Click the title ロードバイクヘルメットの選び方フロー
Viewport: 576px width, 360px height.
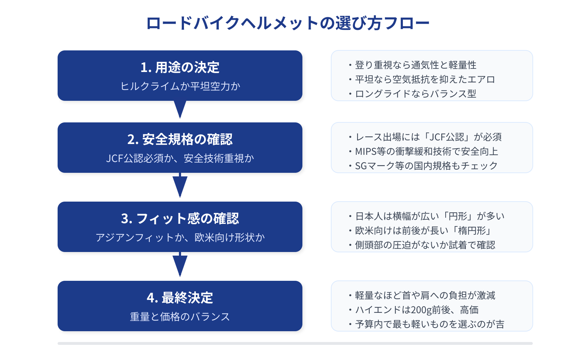click(288, 23)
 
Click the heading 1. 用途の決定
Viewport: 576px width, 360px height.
click(180, 67)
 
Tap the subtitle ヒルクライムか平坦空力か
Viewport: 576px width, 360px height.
click(180, 86)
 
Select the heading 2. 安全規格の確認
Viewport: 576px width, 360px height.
click(180, 139)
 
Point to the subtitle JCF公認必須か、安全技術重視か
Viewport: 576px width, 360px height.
click(180, 158)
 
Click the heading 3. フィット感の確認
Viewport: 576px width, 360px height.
click(180, 219)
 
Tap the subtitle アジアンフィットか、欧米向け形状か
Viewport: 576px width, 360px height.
click(180, 238)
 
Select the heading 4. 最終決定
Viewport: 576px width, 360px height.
click(180, 298)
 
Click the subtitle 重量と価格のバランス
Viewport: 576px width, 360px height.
click(180, 317)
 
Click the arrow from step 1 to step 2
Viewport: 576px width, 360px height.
click(180, 109)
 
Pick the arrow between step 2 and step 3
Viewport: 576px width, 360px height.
click(180, 185)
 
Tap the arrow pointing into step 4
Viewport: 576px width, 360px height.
click(180, 265)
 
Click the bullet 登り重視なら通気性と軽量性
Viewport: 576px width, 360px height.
click(415, 65)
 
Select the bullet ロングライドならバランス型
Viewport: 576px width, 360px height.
click(415, 94)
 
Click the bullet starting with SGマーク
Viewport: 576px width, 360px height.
click(426, 166)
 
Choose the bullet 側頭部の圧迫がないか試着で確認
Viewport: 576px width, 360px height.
click(425, 245)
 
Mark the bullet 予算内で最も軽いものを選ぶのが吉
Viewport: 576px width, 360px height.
click(429, 324)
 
